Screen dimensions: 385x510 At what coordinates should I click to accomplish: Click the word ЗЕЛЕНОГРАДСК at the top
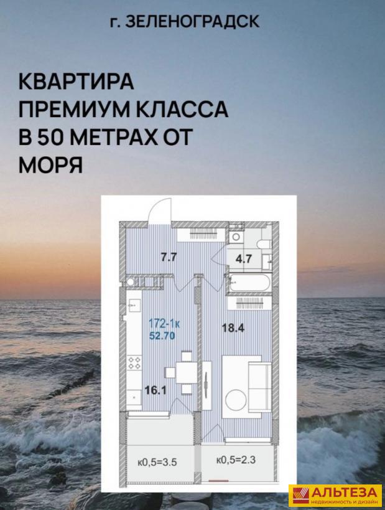(192, 22)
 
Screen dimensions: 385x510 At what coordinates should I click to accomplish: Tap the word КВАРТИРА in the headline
(77, 82)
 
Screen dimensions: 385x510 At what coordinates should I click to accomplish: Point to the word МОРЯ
(50, 165)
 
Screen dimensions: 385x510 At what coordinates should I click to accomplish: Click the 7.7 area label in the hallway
(169, 257)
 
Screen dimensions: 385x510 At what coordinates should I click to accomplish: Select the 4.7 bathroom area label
(244, 259)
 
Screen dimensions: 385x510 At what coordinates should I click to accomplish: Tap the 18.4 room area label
(233, 328)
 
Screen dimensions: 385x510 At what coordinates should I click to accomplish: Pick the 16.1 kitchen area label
(155, 390)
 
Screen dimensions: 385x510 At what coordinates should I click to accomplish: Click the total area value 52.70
(162, 335)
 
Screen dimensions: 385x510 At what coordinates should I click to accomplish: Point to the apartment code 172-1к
(164, 324)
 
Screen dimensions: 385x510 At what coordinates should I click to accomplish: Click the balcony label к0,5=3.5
(157, 462)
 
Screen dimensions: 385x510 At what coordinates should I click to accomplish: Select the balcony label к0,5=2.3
(236, 460)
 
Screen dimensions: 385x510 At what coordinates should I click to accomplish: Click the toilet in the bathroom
(264, 243)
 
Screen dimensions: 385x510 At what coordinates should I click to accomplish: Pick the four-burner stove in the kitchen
(135, 363)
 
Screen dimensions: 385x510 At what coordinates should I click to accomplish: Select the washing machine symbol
(236, 237)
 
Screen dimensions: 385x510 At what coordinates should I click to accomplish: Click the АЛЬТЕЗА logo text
(345, 492)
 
